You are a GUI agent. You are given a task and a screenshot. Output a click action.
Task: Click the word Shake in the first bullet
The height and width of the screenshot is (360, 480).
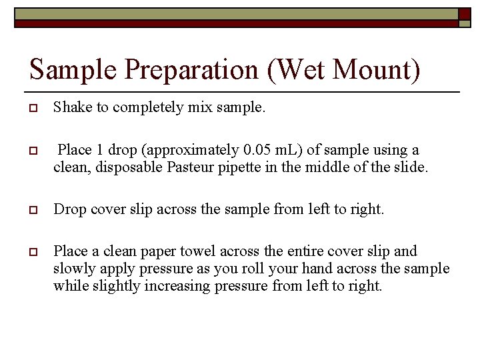pos(73,107)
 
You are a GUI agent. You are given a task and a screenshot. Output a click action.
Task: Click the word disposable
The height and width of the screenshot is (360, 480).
pos(128,167)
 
